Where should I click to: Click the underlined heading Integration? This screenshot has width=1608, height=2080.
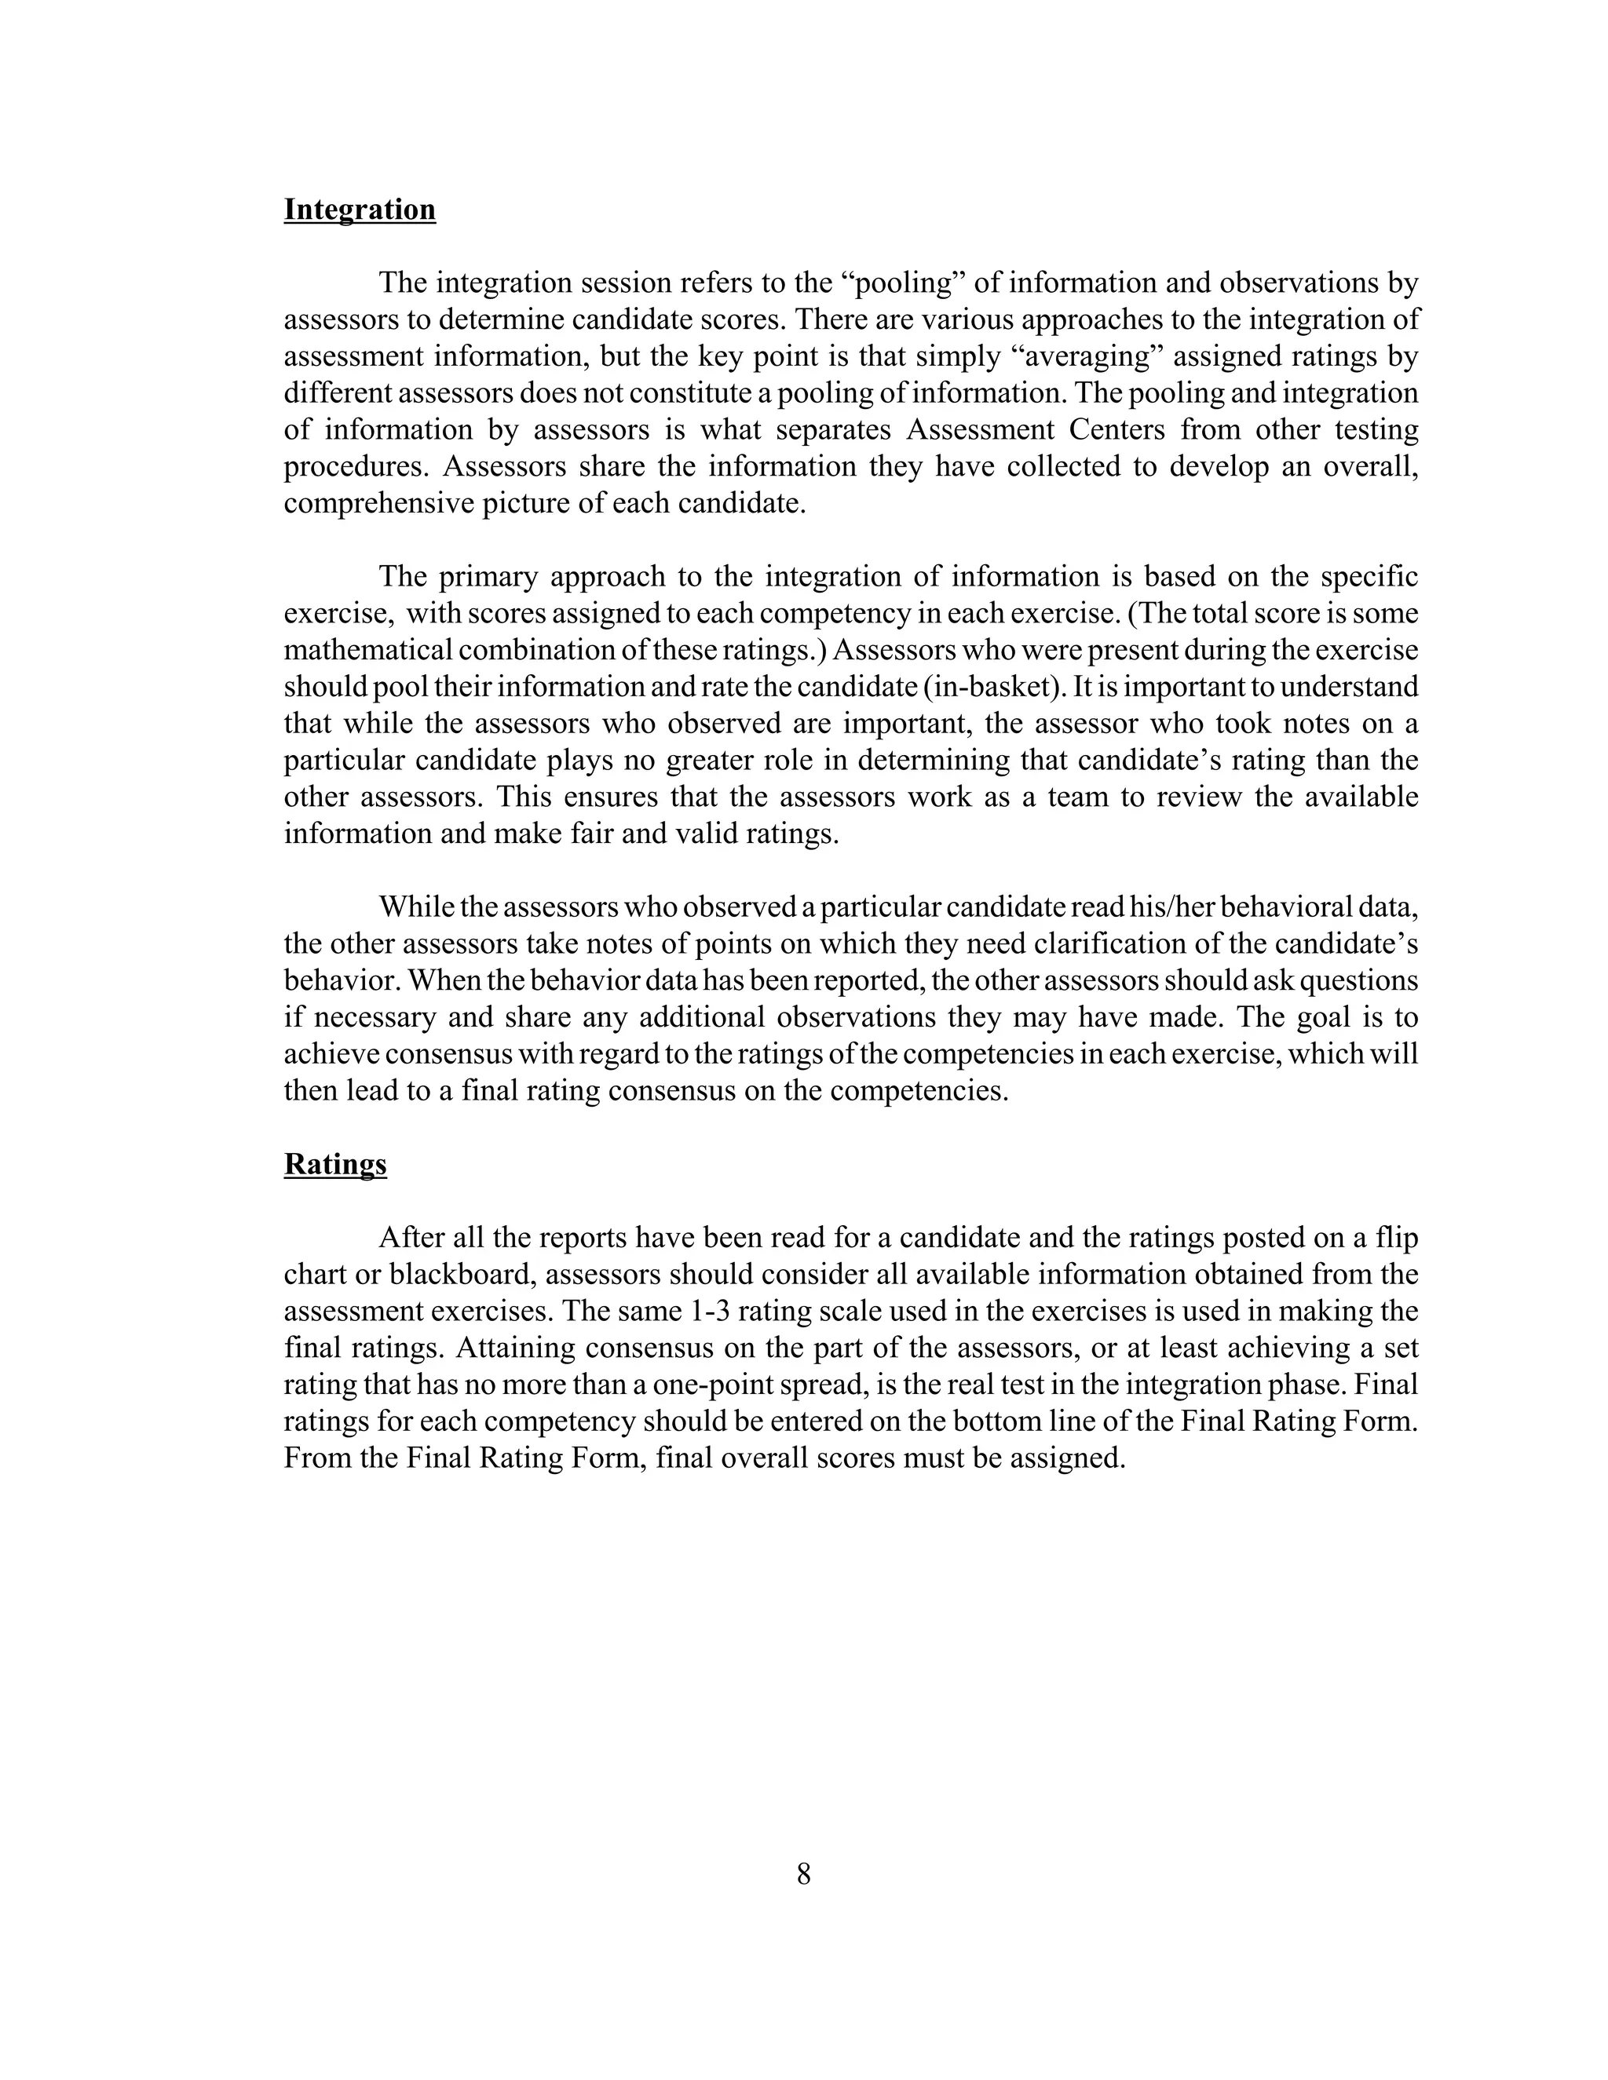tap(359, 210)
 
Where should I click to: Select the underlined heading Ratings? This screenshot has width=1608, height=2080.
tap(335, 1164)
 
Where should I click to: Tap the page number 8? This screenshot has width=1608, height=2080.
tap(803, 1874)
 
